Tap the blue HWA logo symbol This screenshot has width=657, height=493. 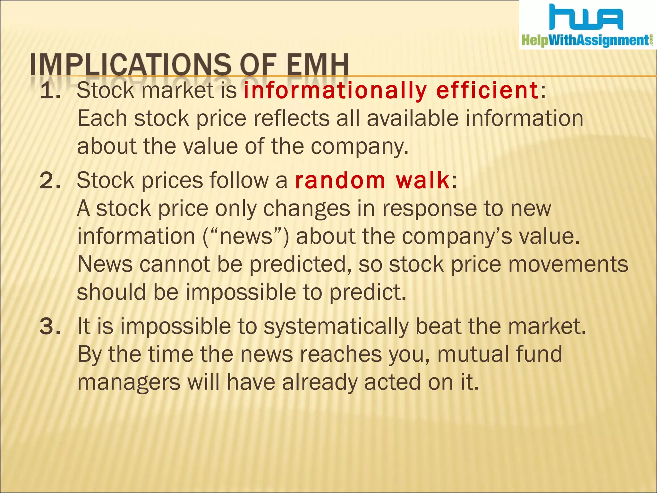click(586, 18)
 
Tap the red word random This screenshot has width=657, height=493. click(340, 181)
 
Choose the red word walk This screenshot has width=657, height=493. click(422, 181)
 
